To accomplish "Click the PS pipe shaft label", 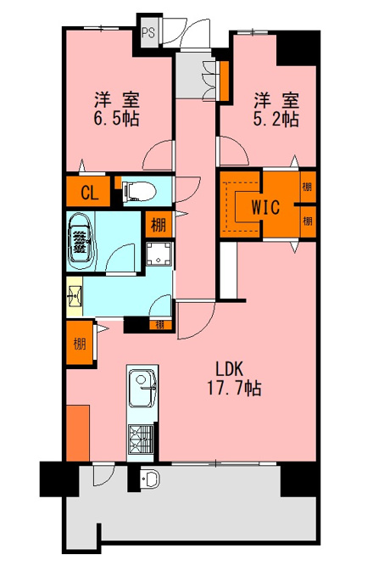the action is coord(149,33).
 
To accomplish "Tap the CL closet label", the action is coord(90,193).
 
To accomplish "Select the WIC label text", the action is coord(265,207).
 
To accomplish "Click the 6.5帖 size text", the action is coord(116,119).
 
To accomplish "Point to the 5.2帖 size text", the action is coord(276,119).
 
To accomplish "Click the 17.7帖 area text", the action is coord(235,388).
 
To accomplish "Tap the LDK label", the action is coord(230,369).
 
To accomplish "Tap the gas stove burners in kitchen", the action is coord(141,439).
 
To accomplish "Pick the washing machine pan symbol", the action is coord(159,254).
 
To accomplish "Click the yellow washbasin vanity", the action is coord(75,296).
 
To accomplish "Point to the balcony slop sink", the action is coord(149,479).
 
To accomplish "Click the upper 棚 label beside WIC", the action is coord(307,187).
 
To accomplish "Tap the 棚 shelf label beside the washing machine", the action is coord(159,224).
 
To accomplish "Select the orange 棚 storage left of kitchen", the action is coord(80,344).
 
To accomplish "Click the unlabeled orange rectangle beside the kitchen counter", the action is coord(78,433).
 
